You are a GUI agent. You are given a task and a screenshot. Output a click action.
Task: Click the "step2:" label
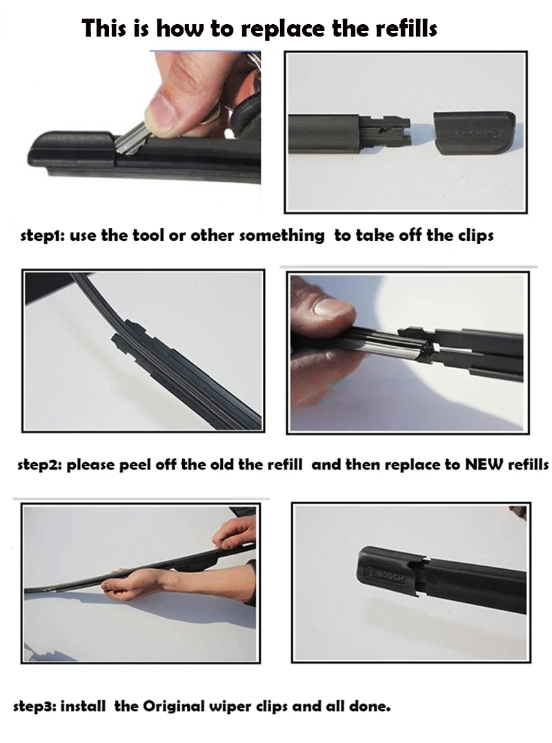(39, 465)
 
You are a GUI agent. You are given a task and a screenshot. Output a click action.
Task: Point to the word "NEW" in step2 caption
(485, 464)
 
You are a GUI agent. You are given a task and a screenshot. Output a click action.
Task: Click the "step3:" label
(35, 706)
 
